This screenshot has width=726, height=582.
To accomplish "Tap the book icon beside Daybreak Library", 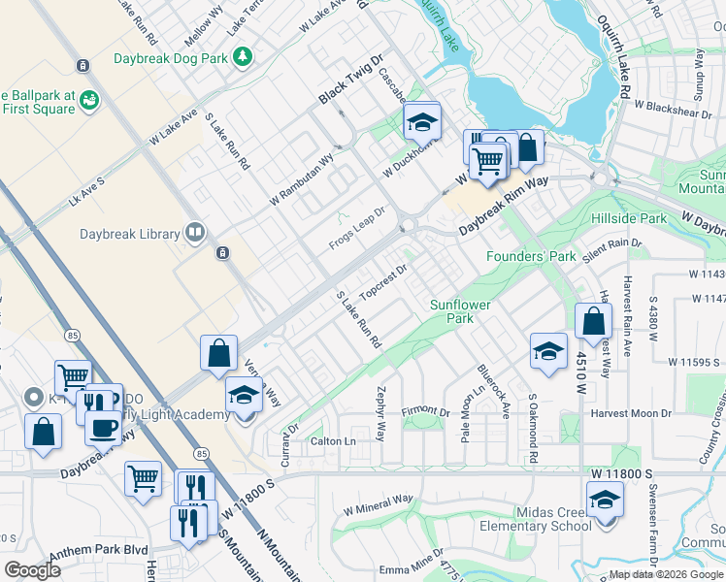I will pos(195,232).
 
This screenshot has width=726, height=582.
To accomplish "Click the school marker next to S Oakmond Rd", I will pos(548,351).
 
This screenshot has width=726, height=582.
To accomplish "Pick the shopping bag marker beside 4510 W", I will pos(593,320).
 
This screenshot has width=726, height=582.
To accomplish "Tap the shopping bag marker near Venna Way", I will pos(219,353).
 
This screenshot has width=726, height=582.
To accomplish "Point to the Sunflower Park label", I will pos(460,310).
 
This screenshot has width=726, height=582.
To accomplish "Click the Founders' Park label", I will pos(531,256).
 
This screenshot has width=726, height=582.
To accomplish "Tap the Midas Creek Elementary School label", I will pos(535,519).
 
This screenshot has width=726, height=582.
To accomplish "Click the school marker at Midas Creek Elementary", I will pos(605,501).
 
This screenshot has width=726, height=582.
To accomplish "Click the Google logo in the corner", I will pos(33,570).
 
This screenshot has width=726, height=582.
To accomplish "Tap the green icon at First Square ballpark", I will pos(89,99).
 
